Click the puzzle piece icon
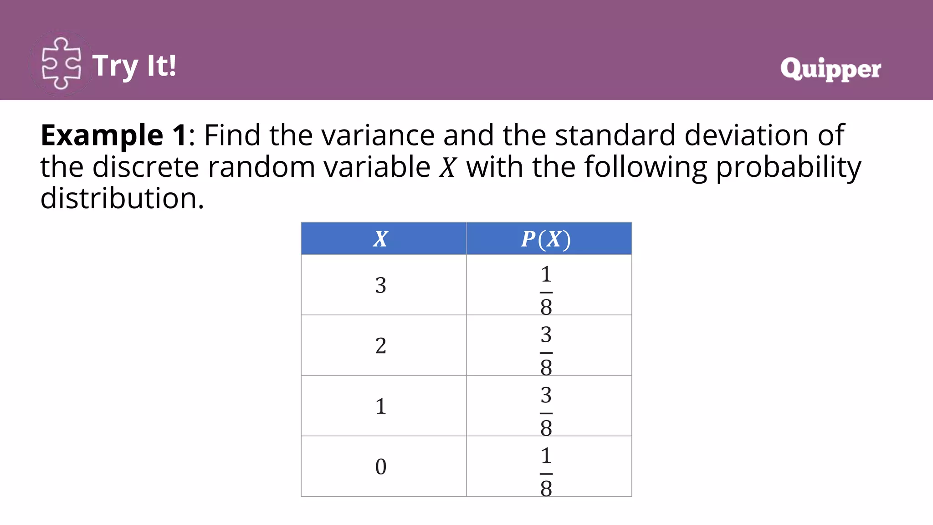pos(61,64)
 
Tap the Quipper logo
pos(830,69)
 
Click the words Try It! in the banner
pos(134,66)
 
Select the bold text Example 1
pos(113,135)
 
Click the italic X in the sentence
pos(447,167)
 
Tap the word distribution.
pos(122,199)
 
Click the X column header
pos(381,239)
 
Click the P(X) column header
pos(546,239)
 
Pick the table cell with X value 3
pos(381,285)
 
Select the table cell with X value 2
pos(381,345)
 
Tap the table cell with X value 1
pos(381,406)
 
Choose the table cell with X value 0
pos(381,467)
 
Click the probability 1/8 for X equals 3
pos(546,290)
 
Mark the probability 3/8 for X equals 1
pos(546,411)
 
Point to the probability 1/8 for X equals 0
pos(546,471)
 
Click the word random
pos(261,167)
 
